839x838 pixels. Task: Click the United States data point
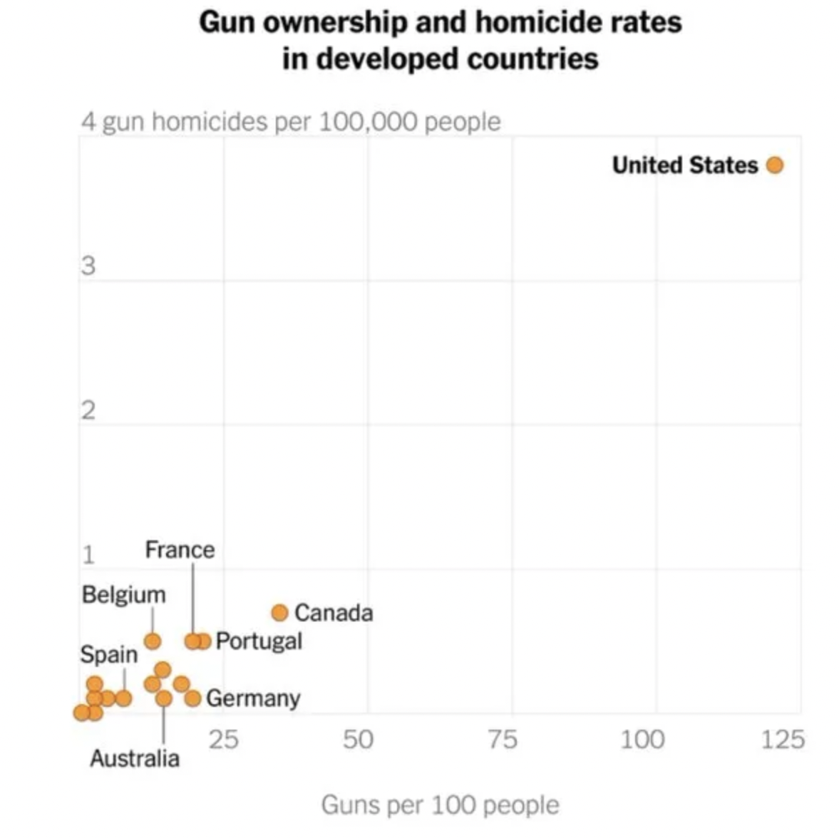(x=775, y=165)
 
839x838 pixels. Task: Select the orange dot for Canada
(x=280, y=613)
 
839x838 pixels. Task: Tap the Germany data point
(x=192, y=698)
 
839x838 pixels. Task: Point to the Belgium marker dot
(x=153, y=641)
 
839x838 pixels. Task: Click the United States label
(x=684, y=165)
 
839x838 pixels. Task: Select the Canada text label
(x=334, y=613)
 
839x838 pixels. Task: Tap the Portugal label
(x=259, y=641)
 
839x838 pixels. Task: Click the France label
(x=180, y=549)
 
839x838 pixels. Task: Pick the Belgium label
(x=123, y=594)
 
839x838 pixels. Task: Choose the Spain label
(x=108, y=654)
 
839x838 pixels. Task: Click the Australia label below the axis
(x=135, y=758)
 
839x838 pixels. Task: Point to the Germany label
(x=253, y=698)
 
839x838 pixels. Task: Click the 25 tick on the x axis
(x=223, y=740)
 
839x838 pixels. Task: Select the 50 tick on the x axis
(x=358, y=740)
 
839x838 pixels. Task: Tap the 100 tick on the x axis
(x=642, y=740)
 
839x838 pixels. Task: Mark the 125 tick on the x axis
(x=782, y=740)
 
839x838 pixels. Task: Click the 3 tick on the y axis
(x=88, y=267)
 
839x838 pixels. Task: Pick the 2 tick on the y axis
(x=88, y=411)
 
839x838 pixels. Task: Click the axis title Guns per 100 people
(x=440, y=805)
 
